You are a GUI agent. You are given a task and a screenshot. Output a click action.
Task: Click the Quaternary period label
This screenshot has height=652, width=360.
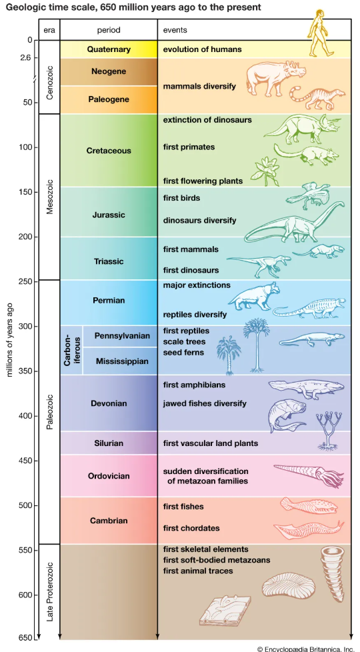[109, 49]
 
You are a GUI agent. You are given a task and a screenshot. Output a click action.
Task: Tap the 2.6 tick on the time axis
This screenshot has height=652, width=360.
[26, 57]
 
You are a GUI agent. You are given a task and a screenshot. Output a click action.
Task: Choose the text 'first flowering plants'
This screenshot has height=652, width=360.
[203, 181]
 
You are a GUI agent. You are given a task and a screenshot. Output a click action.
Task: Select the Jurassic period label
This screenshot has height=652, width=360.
[109, 215]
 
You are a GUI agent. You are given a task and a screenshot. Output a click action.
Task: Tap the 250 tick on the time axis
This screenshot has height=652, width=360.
[26, 281]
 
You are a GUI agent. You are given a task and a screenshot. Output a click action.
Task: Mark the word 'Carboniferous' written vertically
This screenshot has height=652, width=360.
[71, 350]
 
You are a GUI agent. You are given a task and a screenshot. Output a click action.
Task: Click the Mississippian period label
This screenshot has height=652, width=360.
[122, 361]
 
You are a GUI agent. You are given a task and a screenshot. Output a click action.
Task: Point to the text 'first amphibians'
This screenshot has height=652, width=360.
[194, 385]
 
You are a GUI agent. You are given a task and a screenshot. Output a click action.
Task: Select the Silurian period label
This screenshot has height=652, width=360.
[109, 443]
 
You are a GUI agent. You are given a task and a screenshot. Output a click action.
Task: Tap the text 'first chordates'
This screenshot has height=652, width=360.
[191, 528]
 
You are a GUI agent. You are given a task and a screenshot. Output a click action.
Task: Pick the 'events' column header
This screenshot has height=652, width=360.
[175, 30]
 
